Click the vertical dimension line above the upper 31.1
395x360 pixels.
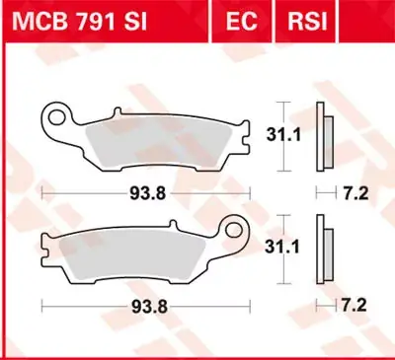coord(283,111)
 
